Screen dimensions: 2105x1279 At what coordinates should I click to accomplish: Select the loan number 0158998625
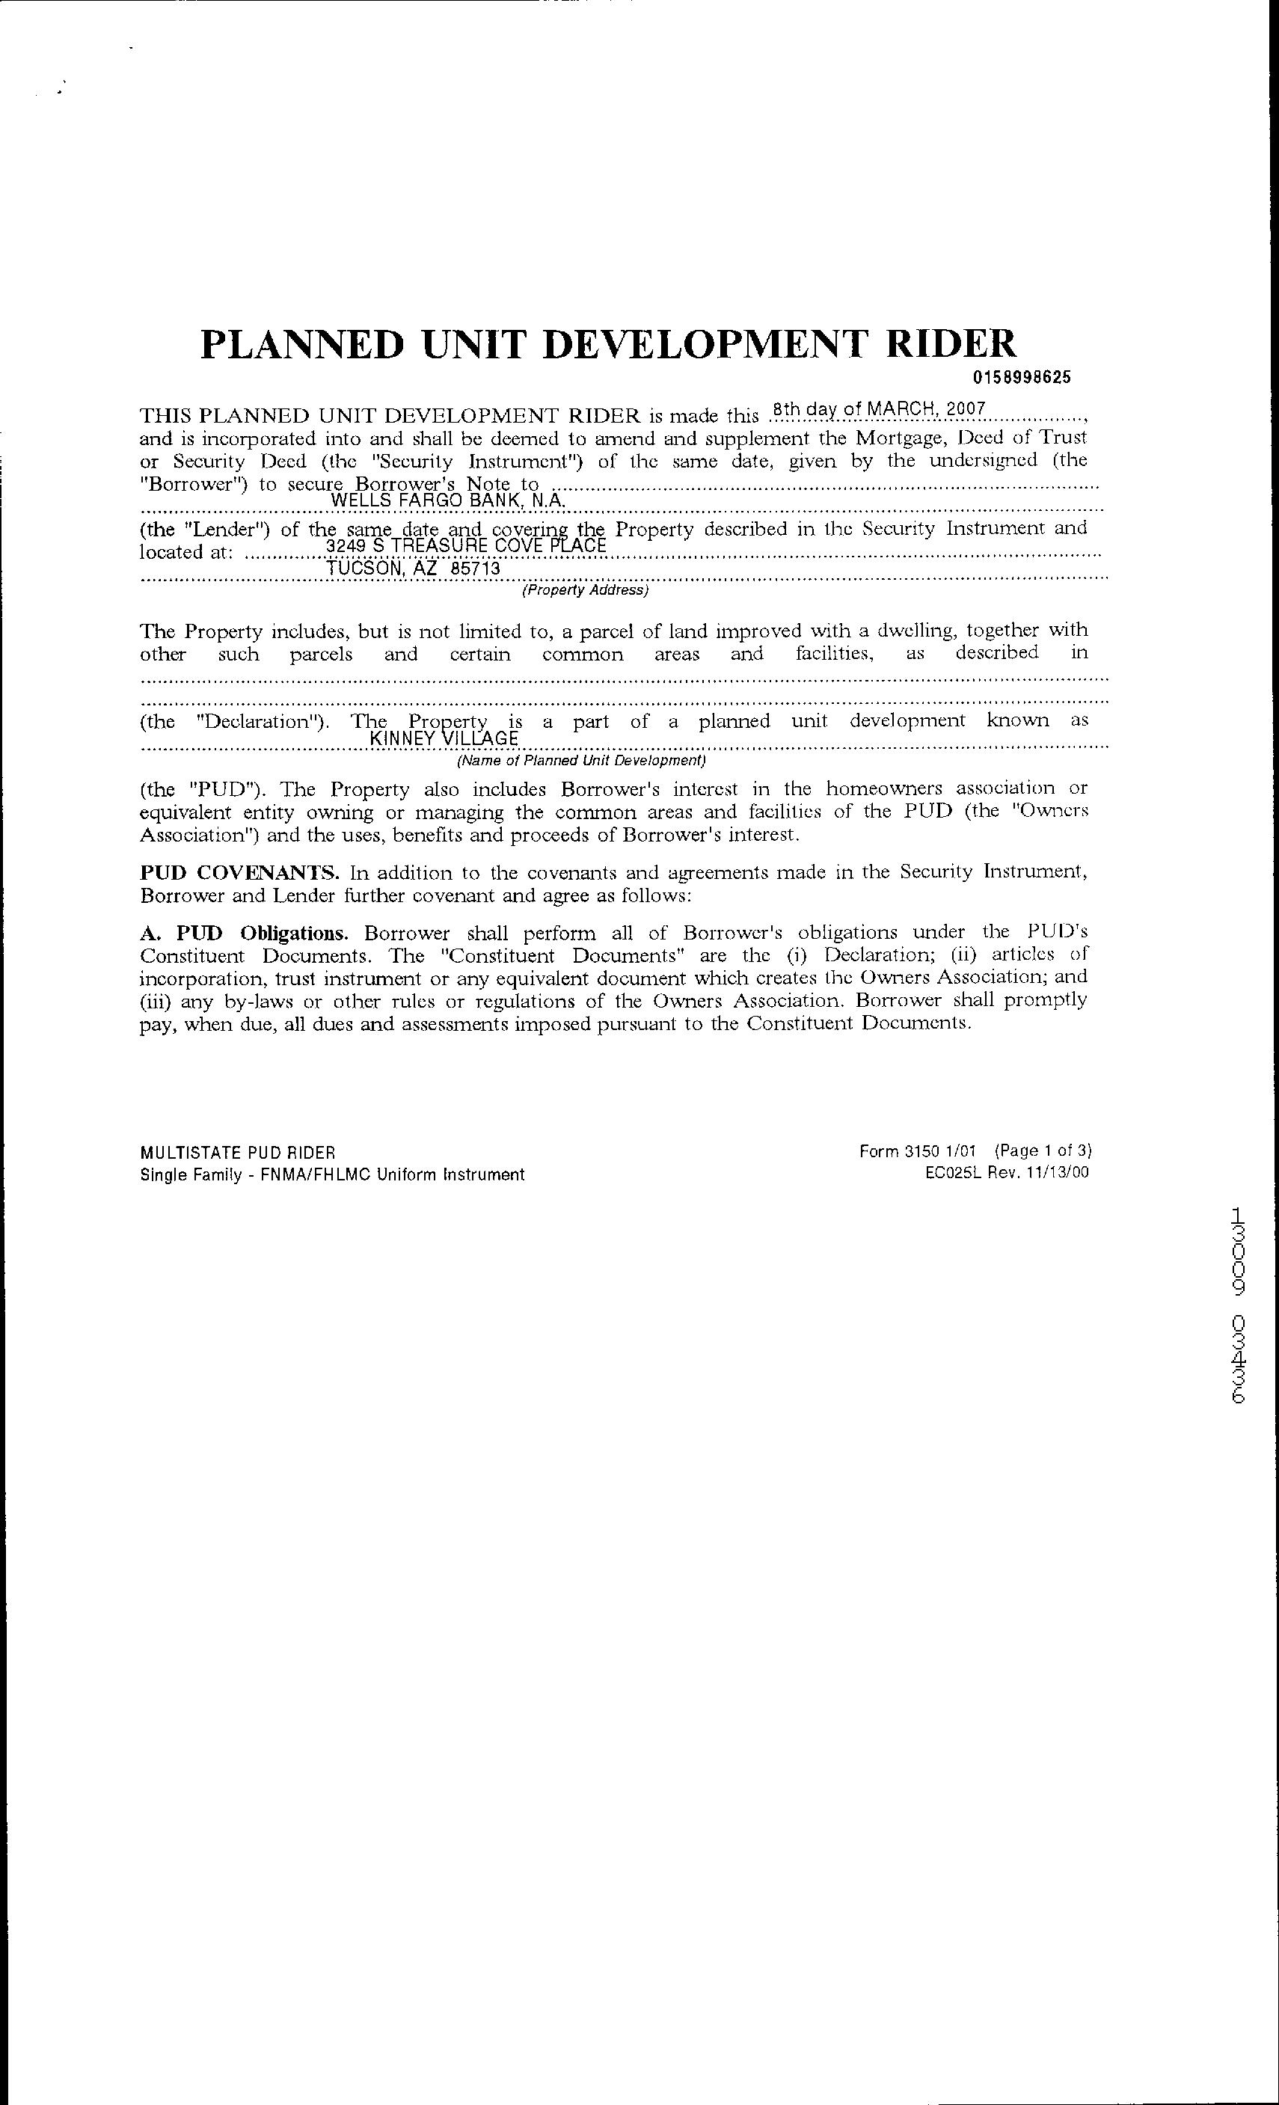(x=1020, y=378)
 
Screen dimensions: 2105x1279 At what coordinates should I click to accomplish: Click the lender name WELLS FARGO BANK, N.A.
(x=448, y=500)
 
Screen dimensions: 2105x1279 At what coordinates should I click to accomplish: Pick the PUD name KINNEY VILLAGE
(x=445, y=739)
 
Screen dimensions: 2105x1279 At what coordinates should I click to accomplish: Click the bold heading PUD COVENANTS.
(x=240, y=872)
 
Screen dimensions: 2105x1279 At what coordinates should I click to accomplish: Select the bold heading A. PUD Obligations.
(x=244, y=932)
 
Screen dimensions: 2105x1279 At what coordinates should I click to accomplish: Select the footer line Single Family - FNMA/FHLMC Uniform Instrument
(x=332, y=1174)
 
